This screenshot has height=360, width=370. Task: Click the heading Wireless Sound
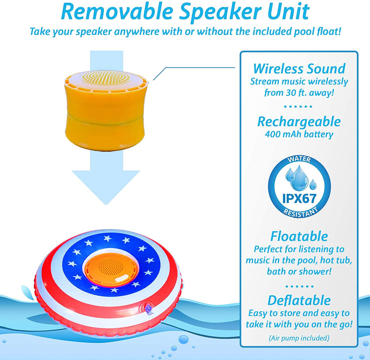(x=299, y=69)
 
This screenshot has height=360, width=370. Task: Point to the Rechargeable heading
(x=299, y=122)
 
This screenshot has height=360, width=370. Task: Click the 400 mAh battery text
(x=299, y=134)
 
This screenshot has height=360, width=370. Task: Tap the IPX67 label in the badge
(x=299, y=199)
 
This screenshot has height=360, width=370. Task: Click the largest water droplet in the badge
(x=299, y=178)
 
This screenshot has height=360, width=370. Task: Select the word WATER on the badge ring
(x=299, y=159)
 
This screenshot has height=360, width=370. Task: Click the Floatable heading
(x=299, y=236)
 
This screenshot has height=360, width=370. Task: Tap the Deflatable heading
(x=299, y=300)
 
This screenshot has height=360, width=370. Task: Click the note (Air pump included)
(x=299, y=338)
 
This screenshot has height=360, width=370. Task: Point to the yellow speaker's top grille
(x=106, y=78)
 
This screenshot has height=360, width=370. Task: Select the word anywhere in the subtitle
(x=137, y=31)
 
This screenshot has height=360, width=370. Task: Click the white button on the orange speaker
(x=121, y=278)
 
